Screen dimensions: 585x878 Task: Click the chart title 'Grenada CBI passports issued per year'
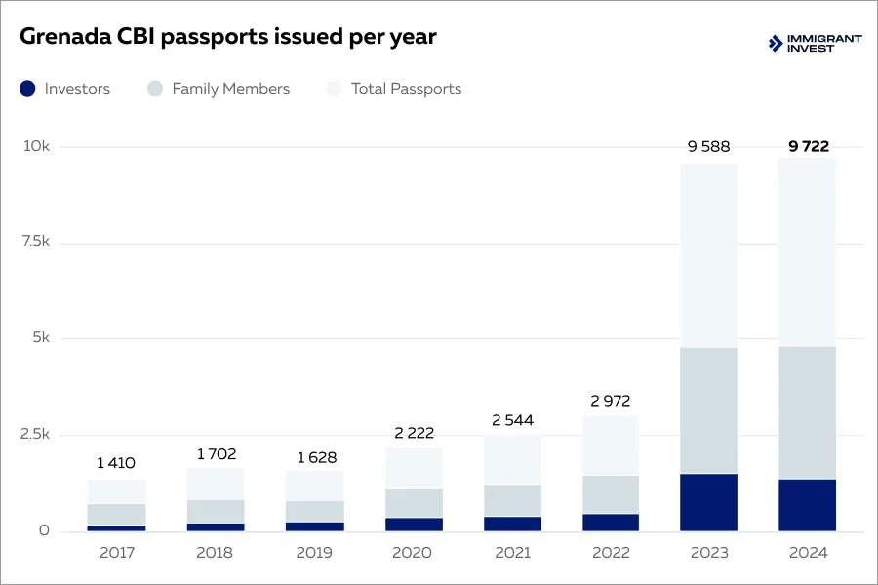(x=228, y=38)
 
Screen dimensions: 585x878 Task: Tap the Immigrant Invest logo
(x=816, y=43)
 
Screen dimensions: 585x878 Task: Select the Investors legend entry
(x=65, y=89)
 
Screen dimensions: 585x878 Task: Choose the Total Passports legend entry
(x=394, y=89)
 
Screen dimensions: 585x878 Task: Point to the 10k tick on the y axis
(x=37, y=146)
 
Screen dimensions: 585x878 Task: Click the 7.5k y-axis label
(x=37, y=242)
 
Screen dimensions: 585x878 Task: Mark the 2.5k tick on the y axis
(x=37, y=435)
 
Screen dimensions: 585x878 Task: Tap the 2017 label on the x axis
(x=117, y=553)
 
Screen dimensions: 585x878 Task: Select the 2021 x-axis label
(x=512, y=553)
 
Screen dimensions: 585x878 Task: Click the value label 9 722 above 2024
(x=808, y=146)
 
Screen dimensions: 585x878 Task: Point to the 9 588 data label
(x=708, y=147)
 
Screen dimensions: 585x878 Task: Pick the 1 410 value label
(x=116, y=463)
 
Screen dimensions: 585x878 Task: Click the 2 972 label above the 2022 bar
(x=611, y=401)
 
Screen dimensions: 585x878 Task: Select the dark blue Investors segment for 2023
(x=708, y=502)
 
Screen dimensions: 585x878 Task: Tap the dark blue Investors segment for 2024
(x=808, y=505)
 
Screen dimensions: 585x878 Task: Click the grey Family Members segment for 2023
(x=708, y=410)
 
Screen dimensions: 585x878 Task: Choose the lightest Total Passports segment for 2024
(x=808, y=252)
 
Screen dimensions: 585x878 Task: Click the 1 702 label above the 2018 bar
(x=216, y=453)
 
